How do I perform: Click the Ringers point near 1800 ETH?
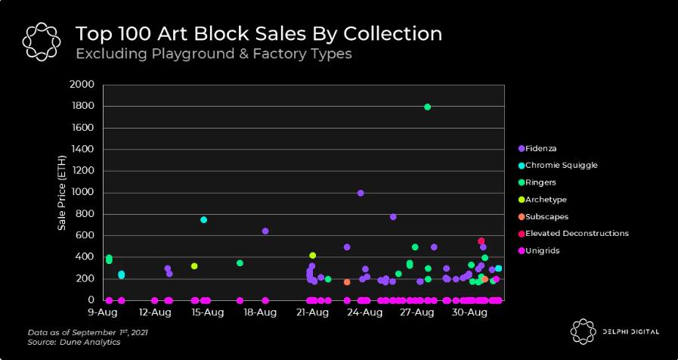(428, 107)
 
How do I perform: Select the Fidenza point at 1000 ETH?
(361, 193)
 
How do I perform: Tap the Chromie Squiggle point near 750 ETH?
(203, 220)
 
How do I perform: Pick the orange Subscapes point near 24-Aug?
(347, 282)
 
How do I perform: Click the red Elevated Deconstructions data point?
(481, 241)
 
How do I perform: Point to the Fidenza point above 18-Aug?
(265, 231)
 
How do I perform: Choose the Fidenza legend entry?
(538, 148)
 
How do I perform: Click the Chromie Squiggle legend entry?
(556, 165)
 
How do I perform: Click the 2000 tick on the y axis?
(82, 85)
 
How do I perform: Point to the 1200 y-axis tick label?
(82, 171)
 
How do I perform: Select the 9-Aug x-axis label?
(102, 312)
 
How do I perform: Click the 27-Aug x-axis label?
(414, 312)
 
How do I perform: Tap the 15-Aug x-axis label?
(206, 312)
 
